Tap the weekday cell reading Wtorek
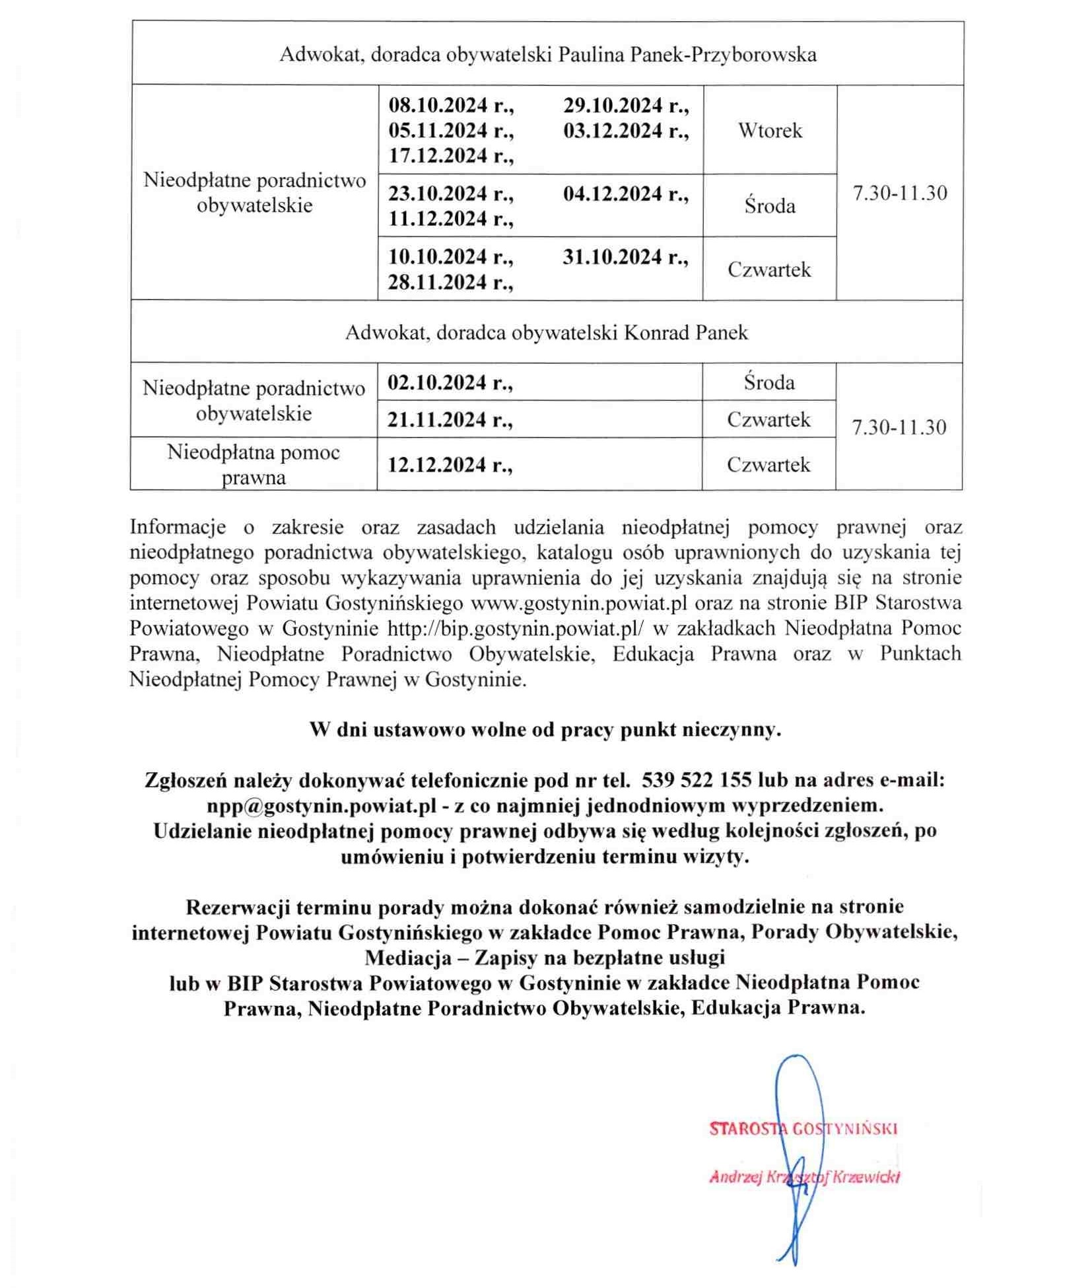(770, 130)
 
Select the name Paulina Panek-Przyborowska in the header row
(687, 54)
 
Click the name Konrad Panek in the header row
(686, 332)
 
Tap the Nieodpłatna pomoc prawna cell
(254, 464)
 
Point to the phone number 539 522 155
(697, 780)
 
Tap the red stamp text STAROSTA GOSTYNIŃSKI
(803, 1129)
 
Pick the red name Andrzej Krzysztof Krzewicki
(804, 1177)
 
